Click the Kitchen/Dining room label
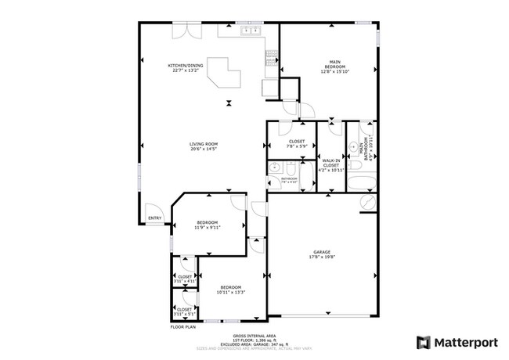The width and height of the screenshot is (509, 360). pos(185,67)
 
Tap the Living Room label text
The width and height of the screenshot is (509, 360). pos(203,146)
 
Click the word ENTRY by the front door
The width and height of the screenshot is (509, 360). pos(154,218)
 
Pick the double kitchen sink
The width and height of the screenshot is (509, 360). pos(251,31)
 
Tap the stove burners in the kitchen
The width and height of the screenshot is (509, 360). pos(271,57)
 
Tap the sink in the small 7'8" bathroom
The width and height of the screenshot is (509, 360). pos(274,167)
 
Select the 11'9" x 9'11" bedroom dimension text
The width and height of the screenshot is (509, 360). pos(208,229)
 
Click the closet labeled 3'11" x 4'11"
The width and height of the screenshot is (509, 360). pos(185,278)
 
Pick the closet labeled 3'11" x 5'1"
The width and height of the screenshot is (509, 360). pos(185,311)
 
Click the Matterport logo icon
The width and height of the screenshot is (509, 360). pos(423,342)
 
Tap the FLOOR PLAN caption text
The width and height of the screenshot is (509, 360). pos(182,326)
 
